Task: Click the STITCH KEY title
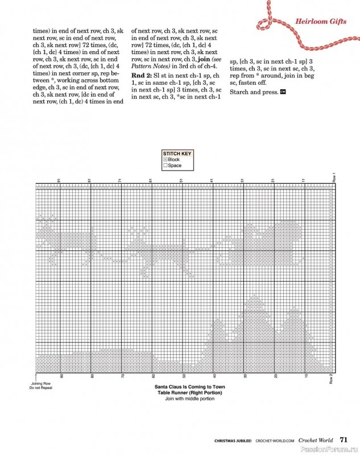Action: pyautogui.click(x=177, y=154)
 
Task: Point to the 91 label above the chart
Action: pyautogui.click(x=59, y=180)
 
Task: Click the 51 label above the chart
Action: pyautogui.click(x=181, y=180)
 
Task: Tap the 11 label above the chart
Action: pyautogui.click(x=304, y=180)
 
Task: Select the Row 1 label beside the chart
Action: pyautogui.click(x=334, y=177)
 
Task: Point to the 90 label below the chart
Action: pyautogui.click(x=61, y=376)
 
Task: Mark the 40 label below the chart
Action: pyautogui.click(x=215, y=376)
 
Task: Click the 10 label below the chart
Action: pyautogui.click(x=307, y=376)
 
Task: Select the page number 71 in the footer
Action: pyautogui.click(x=344, y=439)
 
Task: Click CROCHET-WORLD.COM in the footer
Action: pyautogui.click(x=275, y=440)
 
